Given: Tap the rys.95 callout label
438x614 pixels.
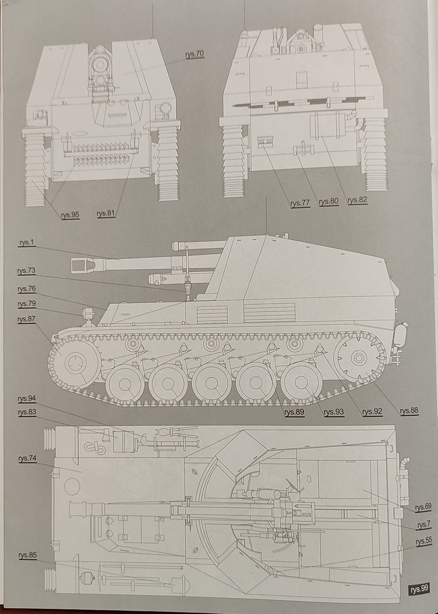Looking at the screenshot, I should [x=70, y=214].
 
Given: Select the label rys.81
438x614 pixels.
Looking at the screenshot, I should [x=106, y=214].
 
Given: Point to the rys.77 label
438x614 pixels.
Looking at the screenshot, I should [x=300, y=203].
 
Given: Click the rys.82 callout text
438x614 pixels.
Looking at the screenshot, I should [x=357, y=200].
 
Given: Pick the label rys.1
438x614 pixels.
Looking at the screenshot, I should [x=26, y=243].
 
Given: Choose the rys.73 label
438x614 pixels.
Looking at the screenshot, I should [x=26, y=271].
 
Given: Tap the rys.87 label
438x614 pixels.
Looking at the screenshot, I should [x=26, y=319].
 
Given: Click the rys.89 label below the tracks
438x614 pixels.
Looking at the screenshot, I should [x=293, y=412].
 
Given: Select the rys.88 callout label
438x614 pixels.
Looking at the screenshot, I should [x=409, y=411].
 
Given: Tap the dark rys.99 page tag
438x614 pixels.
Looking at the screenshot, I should [x=419, y=589].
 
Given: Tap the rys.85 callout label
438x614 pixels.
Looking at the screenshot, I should [x=28, y=555].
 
